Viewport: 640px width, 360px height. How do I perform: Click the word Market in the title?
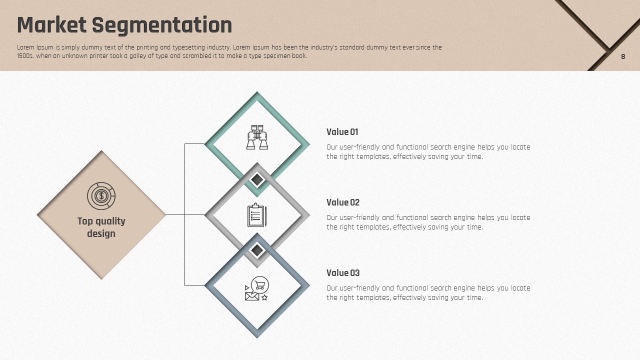click(51, 25)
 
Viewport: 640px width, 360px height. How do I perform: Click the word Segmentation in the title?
click(162, 26)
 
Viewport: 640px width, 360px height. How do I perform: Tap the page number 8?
click(623, 56)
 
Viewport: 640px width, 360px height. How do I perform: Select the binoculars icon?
click(257, 137)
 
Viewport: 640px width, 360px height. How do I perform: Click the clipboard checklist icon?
click(257, 215)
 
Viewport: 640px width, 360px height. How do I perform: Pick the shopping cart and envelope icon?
click(257, 288)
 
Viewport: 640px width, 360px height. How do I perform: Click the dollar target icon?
click(101, 196)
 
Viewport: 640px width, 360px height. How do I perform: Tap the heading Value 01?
click(342, 132)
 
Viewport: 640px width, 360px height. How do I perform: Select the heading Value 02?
click(343, 202)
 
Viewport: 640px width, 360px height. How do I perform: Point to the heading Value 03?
click(343, 273)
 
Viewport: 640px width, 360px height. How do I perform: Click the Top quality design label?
click(101, 227)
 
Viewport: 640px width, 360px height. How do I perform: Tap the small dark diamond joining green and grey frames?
click(257, 179)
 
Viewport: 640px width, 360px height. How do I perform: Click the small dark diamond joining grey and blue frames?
click(257, 250)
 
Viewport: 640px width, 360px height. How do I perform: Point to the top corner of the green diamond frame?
click(257, 92)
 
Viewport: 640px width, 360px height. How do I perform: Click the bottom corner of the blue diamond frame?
click(257, 337)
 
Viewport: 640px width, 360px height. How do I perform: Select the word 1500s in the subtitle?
click(25, 56)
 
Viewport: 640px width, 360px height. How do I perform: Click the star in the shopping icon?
click(264, 297)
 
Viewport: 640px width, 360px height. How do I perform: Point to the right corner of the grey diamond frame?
click(309, 215)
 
